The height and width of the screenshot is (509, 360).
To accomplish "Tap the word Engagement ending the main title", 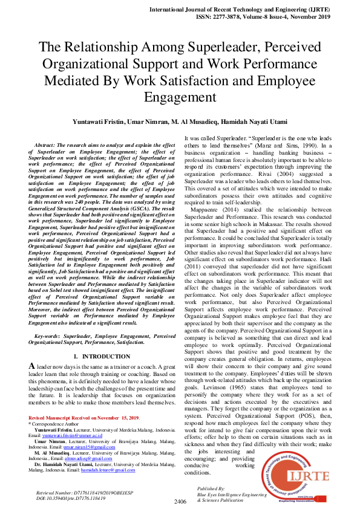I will [x=180, y=97].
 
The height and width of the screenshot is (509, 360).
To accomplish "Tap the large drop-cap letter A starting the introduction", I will [x=31, y=367].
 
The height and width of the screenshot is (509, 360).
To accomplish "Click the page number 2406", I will [x=180, y=501].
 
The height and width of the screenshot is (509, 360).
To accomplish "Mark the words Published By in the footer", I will [x=211, y=488].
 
